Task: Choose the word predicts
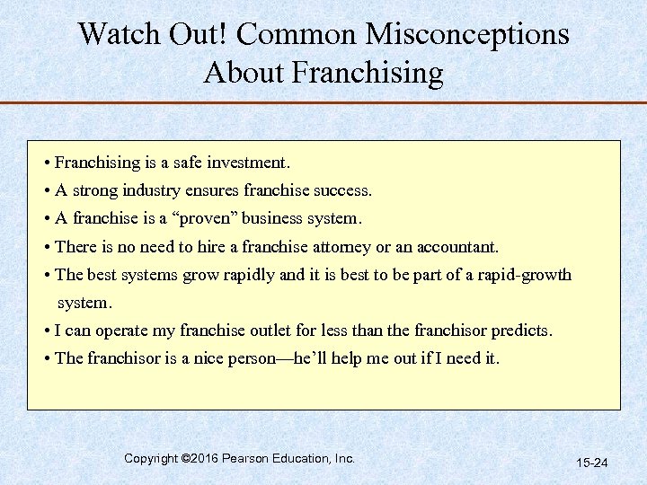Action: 520,331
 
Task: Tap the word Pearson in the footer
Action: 251,459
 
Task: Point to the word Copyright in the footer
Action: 151,459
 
